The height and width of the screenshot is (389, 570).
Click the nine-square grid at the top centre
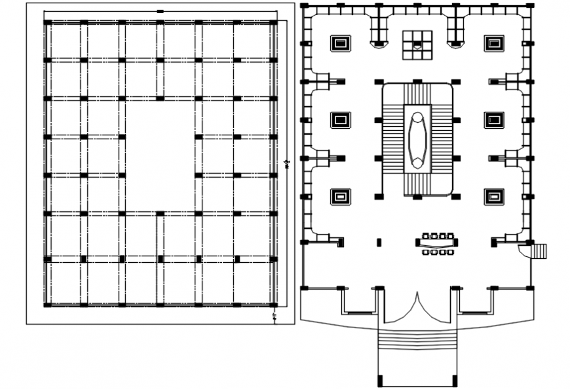tap(417, 44)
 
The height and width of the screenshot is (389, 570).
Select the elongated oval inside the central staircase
tap(417, 139)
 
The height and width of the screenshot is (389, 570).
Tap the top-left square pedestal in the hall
tap(340, 43)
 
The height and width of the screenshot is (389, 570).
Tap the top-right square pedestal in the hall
tap(494, 43)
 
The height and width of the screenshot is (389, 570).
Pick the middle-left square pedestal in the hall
tap(340, 120)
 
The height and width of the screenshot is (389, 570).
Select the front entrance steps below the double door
tap(417, 339)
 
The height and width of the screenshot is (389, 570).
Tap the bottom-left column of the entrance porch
tap(379, 381)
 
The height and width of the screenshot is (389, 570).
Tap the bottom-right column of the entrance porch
tap(455, 381)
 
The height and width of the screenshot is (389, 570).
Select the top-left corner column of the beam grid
tap(47, 22)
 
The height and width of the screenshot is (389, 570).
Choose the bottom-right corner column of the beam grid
tap(273, 304)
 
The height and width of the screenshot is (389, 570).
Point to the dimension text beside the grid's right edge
tap(287, 163)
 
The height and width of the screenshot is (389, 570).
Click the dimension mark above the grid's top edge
tap(160, 11)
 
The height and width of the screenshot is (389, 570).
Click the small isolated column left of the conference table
tap(379, 243)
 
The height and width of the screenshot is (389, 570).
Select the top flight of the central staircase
tap(417, 92)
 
